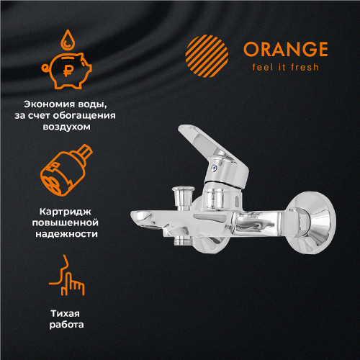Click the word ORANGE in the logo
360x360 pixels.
click(x=284, y=49)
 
